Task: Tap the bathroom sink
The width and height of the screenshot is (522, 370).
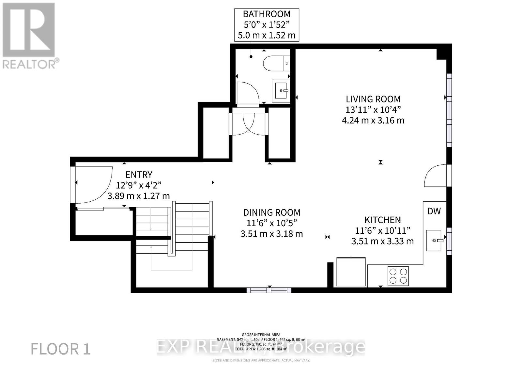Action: (281, 90)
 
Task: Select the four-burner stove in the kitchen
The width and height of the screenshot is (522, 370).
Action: (398, 276)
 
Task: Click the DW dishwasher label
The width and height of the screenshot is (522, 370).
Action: (434, 211)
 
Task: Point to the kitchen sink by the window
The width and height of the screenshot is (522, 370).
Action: (434, 241)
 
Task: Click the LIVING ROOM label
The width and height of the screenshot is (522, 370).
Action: (373, 99)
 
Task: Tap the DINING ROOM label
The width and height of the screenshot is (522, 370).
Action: (271, 212)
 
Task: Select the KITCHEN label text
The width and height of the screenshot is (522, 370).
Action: (382, 220)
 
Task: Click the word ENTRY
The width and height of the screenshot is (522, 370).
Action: (139, 175)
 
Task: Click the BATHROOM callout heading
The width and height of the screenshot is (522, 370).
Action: (267, 14)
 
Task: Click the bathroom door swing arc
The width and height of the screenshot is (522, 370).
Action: (247, 93)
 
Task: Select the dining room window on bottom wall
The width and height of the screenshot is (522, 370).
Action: (269, 290)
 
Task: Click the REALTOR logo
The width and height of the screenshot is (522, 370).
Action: (29, 36)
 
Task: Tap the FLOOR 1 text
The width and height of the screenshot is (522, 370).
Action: (60, 349)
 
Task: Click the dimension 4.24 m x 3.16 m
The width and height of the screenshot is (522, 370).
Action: (373, 120)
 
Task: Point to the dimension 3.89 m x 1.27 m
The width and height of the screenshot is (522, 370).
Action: (139, 196)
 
